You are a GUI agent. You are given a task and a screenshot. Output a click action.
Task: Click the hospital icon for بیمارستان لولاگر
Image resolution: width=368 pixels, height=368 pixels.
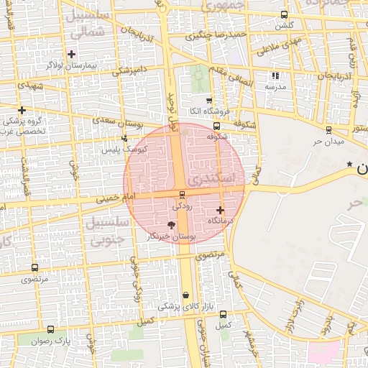click(x=71, y=54)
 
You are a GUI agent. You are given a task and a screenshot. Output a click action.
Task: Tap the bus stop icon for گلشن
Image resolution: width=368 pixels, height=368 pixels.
click(x=285, y=14)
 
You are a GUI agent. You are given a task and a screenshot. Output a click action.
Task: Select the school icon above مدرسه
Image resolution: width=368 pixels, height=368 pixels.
click(x=275, y=75)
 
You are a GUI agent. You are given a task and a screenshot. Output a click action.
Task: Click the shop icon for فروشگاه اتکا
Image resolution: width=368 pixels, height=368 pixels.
click(x=209, y=101)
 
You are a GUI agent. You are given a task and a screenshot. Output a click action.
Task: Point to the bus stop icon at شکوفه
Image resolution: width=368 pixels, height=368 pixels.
click(x=216, y=124)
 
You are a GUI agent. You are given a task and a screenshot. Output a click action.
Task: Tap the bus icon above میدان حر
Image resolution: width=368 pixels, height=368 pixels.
click(x=328, y=130)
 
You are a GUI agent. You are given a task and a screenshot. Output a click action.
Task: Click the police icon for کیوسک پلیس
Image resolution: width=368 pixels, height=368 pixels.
click(x=124, y=138)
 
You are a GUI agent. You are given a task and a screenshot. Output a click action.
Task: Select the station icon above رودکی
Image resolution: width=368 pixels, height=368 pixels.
click(x=181, y=194)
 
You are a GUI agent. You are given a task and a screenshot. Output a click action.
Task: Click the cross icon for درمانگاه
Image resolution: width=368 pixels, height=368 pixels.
click(x=220, y=210)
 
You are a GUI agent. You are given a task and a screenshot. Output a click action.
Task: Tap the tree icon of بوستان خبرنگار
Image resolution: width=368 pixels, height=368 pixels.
click(x=170, y=226)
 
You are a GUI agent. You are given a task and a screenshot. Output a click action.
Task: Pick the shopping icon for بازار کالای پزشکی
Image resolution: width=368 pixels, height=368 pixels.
click(x=186, y=295)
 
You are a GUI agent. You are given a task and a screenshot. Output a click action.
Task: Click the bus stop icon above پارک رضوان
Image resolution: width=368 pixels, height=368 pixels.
click(x=50, y=329)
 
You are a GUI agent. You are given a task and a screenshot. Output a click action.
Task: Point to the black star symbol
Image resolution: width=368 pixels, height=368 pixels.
click(x=350, y=165)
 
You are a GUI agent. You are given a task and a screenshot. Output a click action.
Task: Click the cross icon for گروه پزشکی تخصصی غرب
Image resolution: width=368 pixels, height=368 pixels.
click(x=22, y=110)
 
